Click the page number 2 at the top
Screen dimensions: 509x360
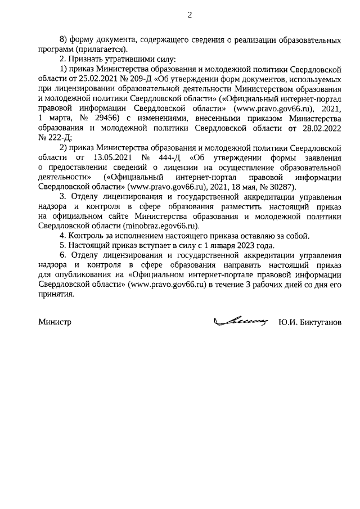(190, 15)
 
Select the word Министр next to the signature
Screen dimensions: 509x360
(56, 323)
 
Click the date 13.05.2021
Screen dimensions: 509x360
(115, 157)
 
